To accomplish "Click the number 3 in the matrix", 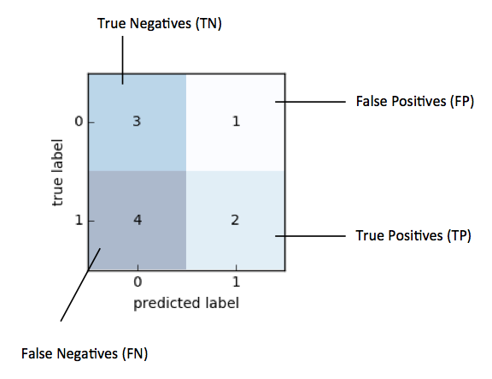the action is click(x=137, y=121).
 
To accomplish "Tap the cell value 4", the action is click(x=138, y=220).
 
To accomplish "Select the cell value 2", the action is click(x=235, y=220).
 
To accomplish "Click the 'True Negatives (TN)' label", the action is click(x=160, y=24).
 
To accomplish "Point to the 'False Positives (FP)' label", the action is click(x=415, y=101).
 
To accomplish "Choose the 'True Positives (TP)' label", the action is click(x=413, y=235).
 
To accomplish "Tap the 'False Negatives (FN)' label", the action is click(x=85, y=353).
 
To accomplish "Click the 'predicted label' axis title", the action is click(x=186, y=303).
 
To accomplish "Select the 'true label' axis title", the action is click(x=57, y=173).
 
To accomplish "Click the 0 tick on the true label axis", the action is click(x=79, y=121).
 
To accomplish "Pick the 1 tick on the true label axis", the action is click(x=79, y=220).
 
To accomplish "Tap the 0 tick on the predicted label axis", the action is click(x=138, y=281).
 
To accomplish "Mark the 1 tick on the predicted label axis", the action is click(x=236, y=281).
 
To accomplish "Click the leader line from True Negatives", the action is click(x=122, y=60).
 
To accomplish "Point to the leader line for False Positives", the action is click(x=310, y=102).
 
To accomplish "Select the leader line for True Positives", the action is click(x=310, y=235).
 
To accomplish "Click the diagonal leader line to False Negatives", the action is click(x=80, y=285).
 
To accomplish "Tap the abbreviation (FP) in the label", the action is click(x=462, y=101).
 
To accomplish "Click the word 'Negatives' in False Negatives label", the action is click(x=87, y=353).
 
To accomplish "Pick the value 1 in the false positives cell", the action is click(x=236, y=121).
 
